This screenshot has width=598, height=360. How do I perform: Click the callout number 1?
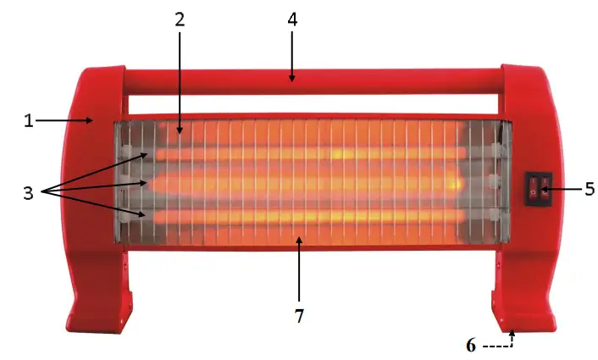(27, 121)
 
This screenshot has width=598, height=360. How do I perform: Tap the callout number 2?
(180, 19)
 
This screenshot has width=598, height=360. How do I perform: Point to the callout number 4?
(291, 19)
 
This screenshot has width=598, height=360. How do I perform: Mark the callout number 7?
(298, 316)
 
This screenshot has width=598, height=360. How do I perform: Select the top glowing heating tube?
(305, 153)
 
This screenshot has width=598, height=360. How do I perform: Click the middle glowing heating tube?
(305, 182)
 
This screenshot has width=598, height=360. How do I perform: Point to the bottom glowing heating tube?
(305, 215)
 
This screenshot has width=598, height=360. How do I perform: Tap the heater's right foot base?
(522, 313)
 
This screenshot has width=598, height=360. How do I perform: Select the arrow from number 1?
(64, 121)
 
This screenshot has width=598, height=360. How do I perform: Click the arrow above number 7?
(298, 271)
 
